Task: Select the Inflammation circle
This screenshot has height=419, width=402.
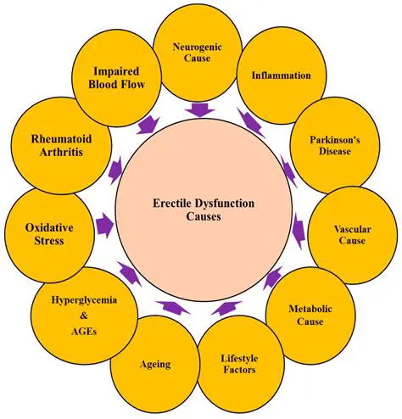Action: pos(281,75)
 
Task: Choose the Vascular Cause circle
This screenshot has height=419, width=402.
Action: pos(349,234)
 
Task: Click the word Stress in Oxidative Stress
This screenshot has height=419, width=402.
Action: pos(46,242)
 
